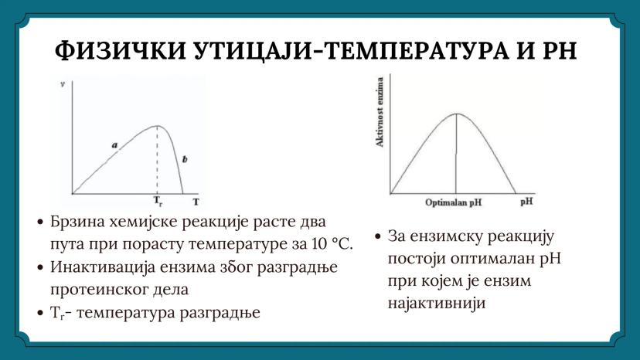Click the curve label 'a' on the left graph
pos(114,144)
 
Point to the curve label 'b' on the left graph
pos(184,159)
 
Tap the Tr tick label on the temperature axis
pos(158,202)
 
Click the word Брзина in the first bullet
pos(77,222)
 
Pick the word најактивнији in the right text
pos(435,304)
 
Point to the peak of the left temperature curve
pos(158,126)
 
